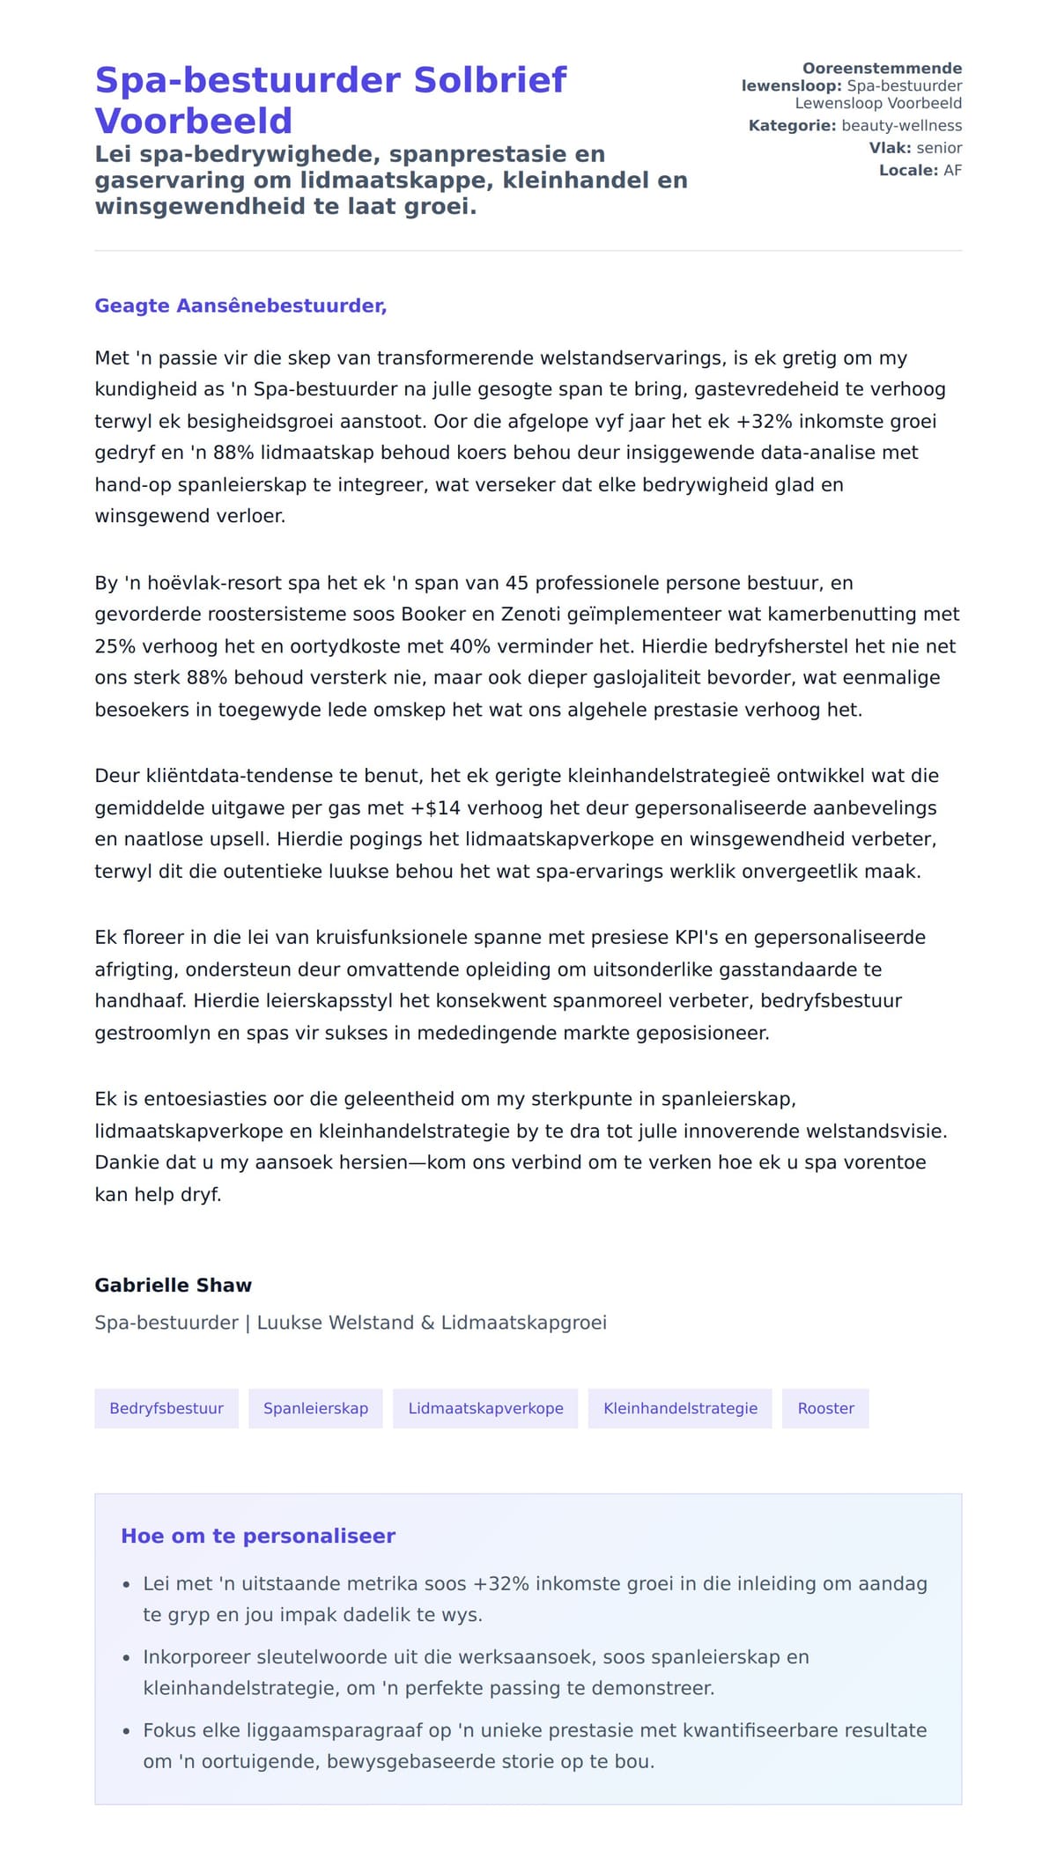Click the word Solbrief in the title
pyautogui.click(x=490, y=80)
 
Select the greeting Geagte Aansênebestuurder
pyautogui.click(x=240, y=306)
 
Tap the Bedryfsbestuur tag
pyautogui.click(x=166, y=1408)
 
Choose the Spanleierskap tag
pyautogui.click(x=315, y=1408)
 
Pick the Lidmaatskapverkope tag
pyautogui.click(x=485, y=1408)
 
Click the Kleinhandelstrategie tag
pyautogui.click(x=680, y=1408)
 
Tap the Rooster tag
pyautogui.click(x=825, y=1408)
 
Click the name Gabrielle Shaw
pyautogui.click(x=174, y=1285)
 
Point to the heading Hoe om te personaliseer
pyautogui.click(x=258, y=1536)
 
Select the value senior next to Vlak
pyautogui.click(x=939, y=148)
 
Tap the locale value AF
pyautogui.click(x=952, y=170)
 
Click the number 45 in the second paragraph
pyautogui.click(x=517, y=583)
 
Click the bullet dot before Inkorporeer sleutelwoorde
pyautogui.click(x=127, y=1658)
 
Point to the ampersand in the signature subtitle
pyautogui.click(x=427, y=1323)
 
